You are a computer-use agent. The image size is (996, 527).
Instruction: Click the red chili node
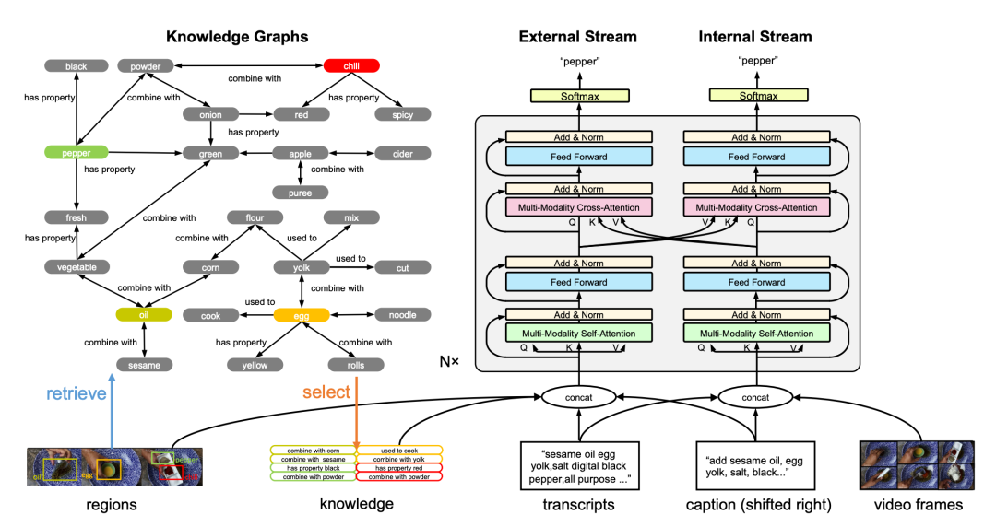click(x=351, y=66)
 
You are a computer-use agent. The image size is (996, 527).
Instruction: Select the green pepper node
click(x=76, y=151)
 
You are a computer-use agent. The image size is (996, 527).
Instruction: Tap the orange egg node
click(x=301, y=315)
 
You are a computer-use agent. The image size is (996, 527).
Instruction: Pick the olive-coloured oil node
click(x=143, y=315)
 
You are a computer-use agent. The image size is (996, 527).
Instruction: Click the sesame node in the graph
click(x=143, y=365)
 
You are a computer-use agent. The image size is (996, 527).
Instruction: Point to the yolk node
click(x=301, y=267)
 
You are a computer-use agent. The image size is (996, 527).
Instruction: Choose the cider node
click(x=402, y=153)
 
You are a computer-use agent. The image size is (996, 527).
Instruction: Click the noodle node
click(x=402, y=315)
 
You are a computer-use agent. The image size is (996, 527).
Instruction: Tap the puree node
click(x=301, y=193)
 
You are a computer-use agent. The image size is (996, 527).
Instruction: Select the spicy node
click(x=402, y=115)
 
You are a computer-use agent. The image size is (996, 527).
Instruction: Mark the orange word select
click(x=326, y=392)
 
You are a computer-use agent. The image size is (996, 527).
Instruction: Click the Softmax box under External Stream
click(x=578, y=96)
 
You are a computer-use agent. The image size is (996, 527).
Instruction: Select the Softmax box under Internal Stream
click(x=755, y=96)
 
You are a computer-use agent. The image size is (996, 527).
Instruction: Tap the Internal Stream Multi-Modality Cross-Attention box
click(x=755, y=207)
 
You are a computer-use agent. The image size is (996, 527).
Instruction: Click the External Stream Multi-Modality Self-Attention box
click(x=578, y=333)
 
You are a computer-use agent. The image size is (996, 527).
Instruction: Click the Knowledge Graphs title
click(x=237, y=37)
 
